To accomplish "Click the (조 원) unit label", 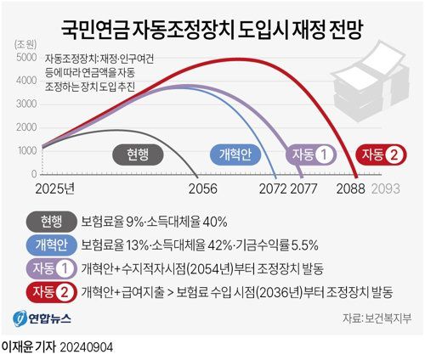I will [26, 43].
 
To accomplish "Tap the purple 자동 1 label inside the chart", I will [312, 155].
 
